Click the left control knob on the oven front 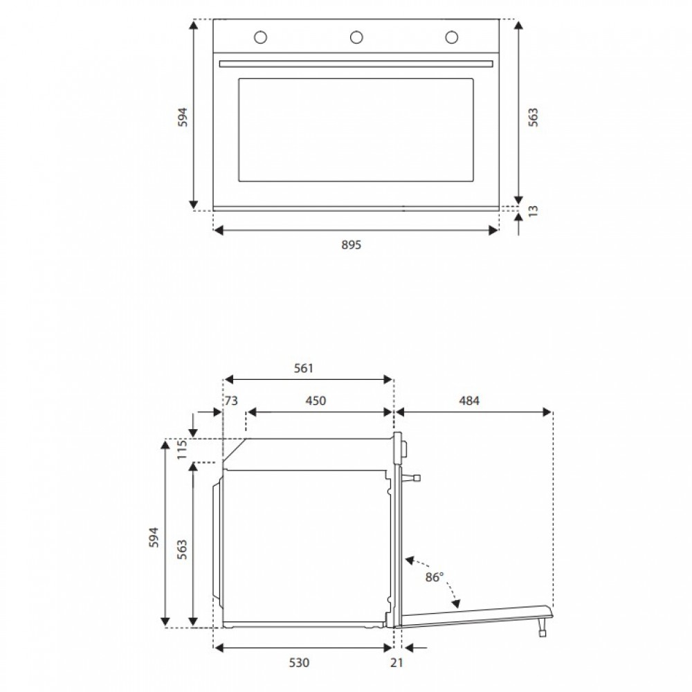(260, 37)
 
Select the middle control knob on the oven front (356, 37)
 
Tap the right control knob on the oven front (451, 37)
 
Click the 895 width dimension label (352, 244)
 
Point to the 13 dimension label (533, 211)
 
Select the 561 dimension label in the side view (304, 368)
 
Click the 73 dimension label (231, 401)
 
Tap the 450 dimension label (316, 401)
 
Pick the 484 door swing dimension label (468, 401)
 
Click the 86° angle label (435, 577)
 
